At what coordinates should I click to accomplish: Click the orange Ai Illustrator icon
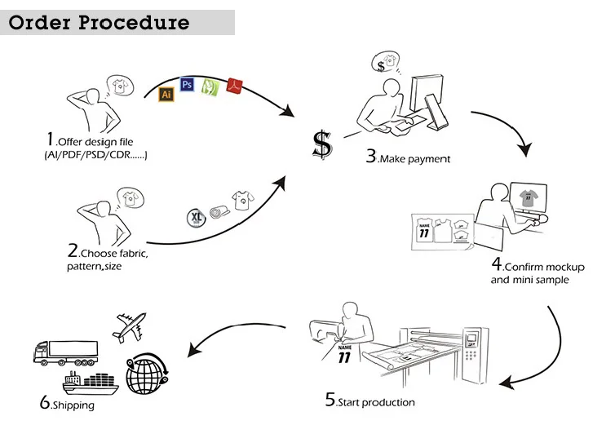pos(166,94)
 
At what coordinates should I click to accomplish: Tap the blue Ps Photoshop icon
pos(187,84)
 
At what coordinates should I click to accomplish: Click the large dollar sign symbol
pos(322,144)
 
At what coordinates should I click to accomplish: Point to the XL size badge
pos(196,217)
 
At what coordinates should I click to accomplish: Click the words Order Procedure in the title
pos(100,22)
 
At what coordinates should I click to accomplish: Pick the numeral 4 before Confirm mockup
pos(496,264)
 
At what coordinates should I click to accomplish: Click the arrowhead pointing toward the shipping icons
pos(195,350)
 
